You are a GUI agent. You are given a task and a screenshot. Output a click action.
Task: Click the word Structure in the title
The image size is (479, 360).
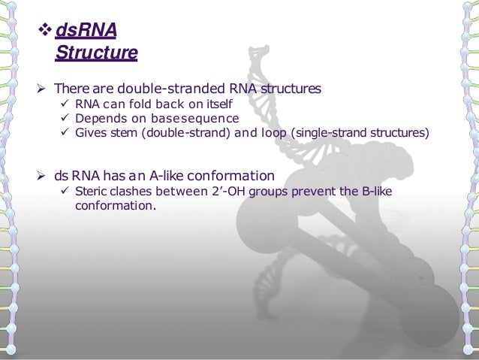[96, 53]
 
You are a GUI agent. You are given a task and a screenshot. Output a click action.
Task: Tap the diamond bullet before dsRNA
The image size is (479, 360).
[44, 32]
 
